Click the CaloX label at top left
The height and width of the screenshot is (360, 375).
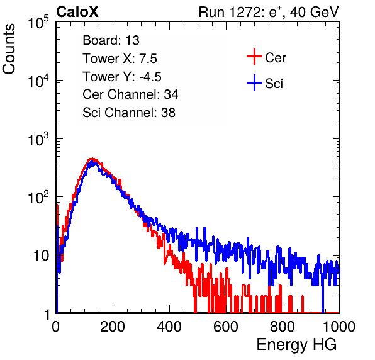click(x=77, y=12)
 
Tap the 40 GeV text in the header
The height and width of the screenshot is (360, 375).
click(x=315, y=12)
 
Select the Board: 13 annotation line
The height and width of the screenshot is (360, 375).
click(x=111, y=40)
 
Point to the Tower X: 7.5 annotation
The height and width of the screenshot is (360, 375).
click(x=120, y=59)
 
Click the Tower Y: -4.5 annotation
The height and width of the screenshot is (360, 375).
click(x=122, y=77)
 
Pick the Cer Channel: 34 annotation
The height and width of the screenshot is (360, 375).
click(x=130, y=94)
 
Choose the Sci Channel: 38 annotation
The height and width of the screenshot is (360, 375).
click(x=129, y=113)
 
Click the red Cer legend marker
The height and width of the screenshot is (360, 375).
click(x=254, y=57)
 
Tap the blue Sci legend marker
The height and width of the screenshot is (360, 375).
click(x=254, y=82)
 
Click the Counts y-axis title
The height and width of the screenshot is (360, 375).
click(x=9, y=49)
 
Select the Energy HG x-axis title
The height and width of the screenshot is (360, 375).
click(x=296, y=345)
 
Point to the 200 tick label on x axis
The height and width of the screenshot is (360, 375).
click(x=113, y=327)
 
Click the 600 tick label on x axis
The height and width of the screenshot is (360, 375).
click(x=226, y=327)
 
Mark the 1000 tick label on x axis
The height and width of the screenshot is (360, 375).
click(x=339, y=327)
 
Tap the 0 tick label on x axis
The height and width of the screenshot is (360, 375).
click(x=56, y=327)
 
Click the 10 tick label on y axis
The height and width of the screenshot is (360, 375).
click(x=41, y=256)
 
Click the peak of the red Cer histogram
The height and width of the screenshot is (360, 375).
click(x=92, y=159)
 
